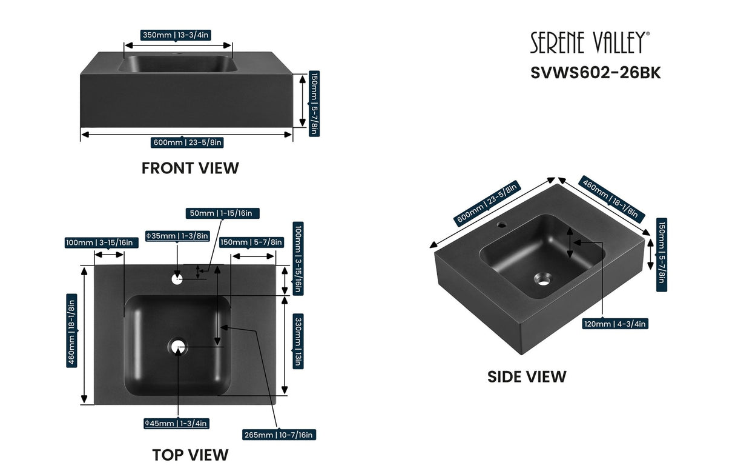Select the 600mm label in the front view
(188, 142)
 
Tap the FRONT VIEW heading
(190, 168)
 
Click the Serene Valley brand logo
(590, 43)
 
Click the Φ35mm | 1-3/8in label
(177, 236)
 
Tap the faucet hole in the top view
(177, 279)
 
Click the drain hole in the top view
(178, 347)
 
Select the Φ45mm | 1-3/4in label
(176, 423)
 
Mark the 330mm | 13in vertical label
(298, 341)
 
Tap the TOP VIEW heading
(190, 455)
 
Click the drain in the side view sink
(543, 279)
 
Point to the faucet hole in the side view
(502, 225)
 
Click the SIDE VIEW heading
(527, 376)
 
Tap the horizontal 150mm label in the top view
(251, 242)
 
